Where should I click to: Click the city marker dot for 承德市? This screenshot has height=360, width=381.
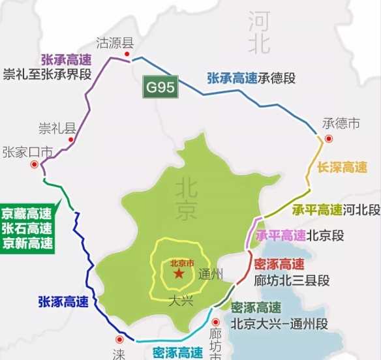tap(329, 138)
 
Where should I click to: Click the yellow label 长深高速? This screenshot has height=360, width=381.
tap(343, 167)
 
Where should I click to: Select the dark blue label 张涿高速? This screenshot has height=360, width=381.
tap(63, 301)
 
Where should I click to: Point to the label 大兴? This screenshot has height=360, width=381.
tap(180, 301)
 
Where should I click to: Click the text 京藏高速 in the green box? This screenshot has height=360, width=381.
tap(27, 214)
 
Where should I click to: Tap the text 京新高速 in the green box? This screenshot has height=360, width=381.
tap(27, 244)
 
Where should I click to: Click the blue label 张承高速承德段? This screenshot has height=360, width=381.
tap(251, 78)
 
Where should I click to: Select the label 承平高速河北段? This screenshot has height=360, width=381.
tap(336, 210)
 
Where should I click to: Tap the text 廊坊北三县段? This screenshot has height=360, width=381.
tap(292, 280)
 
